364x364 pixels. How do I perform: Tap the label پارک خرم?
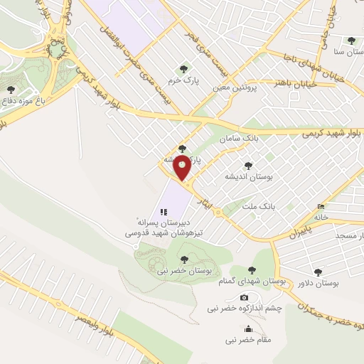pyautogui.click(x=183, y=82)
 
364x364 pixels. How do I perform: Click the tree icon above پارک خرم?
pyautogui.click(x=183, y=69)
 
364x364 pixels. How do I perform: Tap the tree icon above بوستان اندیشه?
pyautogui.click(x=249, y=163)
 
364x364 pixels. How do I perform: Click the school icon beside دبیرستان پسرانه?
pyautogui.click(x=164, y=211)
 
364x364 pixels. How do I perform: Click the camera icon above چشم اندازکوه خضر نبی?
pyautogui.click(x=244, y=297)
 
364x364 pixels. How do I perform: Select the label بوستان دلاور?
pyautogui.click(x=318, y=283)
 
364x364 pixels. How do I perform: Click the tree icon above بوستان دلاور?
pyautogui.click(x=318, y=271)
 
